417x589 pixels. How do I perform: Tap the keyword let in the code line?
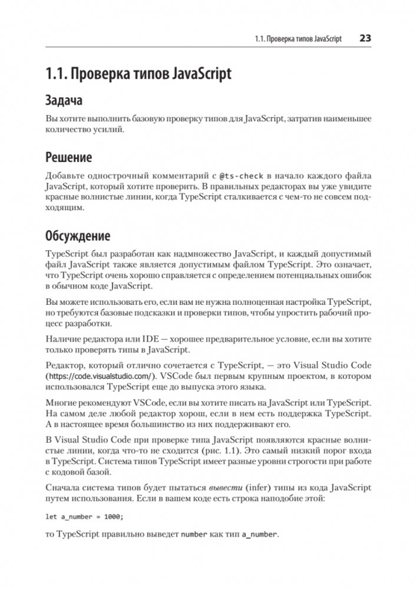coord(51,517)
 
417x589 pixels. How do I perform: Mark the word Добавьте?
coord(67,176)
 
